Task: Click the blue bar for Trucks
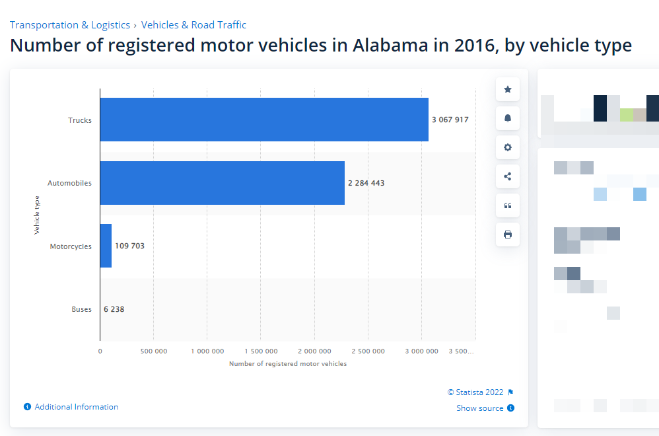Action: coord(264,120)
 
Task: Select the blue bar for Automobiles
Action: coord(222,183)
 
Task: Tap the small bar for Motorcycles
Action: coord(106,246)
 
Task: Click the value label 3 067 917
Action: coord(450,120)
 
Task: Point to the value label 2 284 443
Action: coord(366,183)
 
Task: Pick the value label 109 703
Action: coord(129,246)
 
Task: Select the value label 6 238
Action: coord(114,309)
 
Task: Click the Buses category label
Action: coord(81,309)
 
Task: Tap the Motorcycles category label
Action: coord(71,246)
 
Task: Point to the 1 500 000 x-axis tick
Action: coord(261,351)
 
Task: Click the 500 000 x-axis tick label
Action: coord(153,351)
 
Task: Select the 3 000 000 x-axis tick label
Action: coord(421,351)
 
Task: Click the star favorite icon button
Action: coord(507,89)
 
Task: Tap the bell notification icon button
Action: coord(507,118)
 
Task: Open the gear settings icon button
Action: coord(507,147)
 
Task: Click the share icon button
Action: coord(507,176)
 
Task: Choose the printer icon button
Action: coord(507,235)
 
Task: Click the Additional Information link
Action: coord(76,407)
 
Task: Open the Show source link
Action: coord(480,408)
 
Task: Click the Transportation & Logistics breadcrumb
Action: coord(69,25)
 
